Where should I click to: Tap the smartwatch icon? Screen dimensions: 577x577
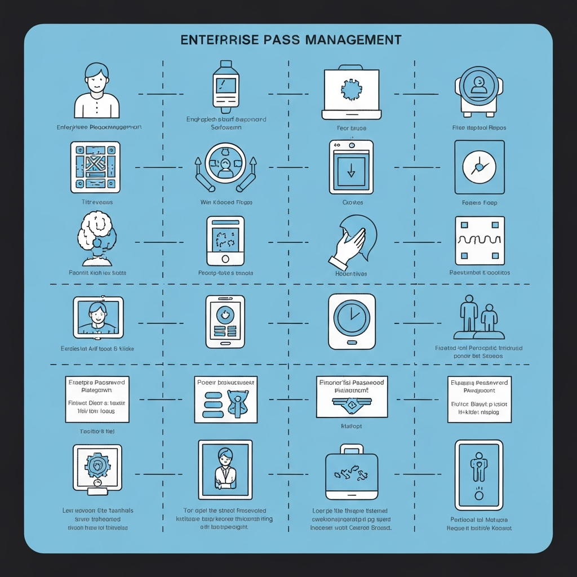click(x=225, y=87)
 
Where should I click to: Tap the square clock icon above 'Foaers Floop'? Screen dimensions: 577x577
click(x=479, y=167)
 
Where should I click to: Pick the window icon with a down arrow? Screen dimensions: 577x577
click(x=351, y=167)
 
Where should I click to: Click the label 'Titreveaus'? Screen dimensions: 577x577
click(x=97, y=202)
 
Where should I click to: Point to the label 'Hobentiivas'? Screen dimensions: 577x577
click(x=352, y=273)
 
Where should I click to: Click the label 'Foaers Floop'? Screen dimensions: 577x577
click(x=480, y=202)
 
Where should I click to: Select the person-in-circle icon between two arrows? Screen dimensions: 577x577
click(x=225, y=167)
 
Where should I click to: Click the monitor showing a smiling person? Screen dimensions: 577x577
click(x=98, y=318)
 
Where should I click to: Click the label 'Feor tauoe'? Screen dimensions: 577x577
click(x=352, y=128)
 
